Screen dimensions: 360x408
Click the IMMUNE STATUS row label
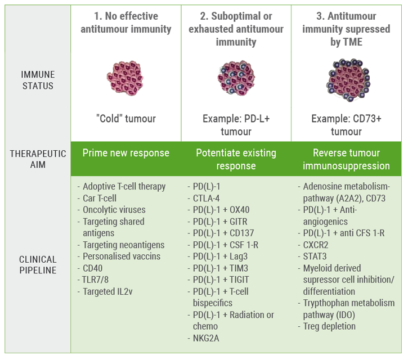(37, 80)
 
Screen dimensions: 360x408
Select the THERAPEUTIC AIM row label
(38, 159)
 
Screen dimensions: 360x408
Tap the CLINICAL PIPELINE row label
(38, 264)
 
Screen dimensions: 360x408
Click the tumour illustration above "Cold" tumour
(125, 78)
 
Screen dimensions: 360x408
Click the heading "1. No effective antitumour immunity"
(125, 22)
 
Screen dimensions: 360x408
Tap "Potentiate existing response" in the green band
(236, 159)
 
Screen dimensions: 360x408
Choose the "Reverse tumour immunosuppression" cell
(346, 159)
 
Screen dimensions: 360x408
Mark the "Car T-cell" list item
(102, 198)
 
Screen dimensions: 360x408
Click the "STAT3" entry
(316, 256)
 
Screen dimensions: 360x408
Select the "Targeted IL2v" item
(108, 291)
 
